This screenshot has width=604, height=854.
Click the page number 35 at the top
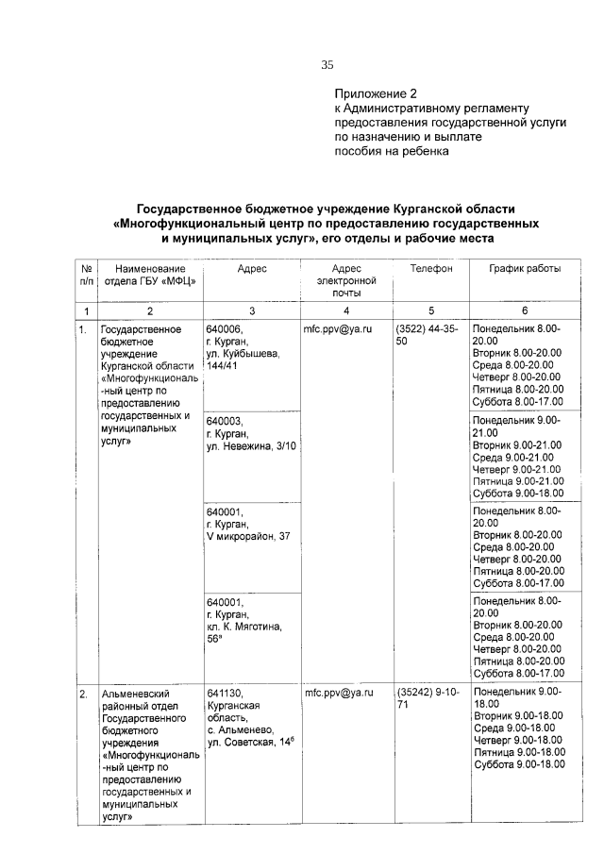(327, 65)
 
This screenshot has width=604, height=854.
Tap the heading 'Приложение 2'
(376, 94)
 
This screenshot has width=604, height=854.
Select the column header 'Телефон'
(430, 269)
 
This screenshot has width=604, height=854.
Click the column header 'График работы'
(525, 269)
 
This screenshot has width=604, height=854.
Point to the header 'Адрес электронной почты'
(346, 281)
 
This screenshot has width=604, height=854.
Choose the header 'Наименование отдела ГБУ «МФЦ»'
(150, 275)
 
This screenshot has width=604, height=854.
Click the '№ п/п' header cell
(85, 275)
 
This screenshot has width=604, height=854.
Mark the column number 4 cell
(346, 310)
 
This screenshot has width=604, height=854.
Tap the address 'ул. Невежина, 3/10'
(250, 445)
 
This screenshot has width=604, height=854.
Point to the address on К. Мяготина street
(244, 627)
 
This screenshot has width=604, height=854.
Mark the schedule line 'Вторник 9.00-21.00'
(517, 444)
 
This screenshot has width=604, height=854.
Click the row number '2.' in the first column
(83, 694)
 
